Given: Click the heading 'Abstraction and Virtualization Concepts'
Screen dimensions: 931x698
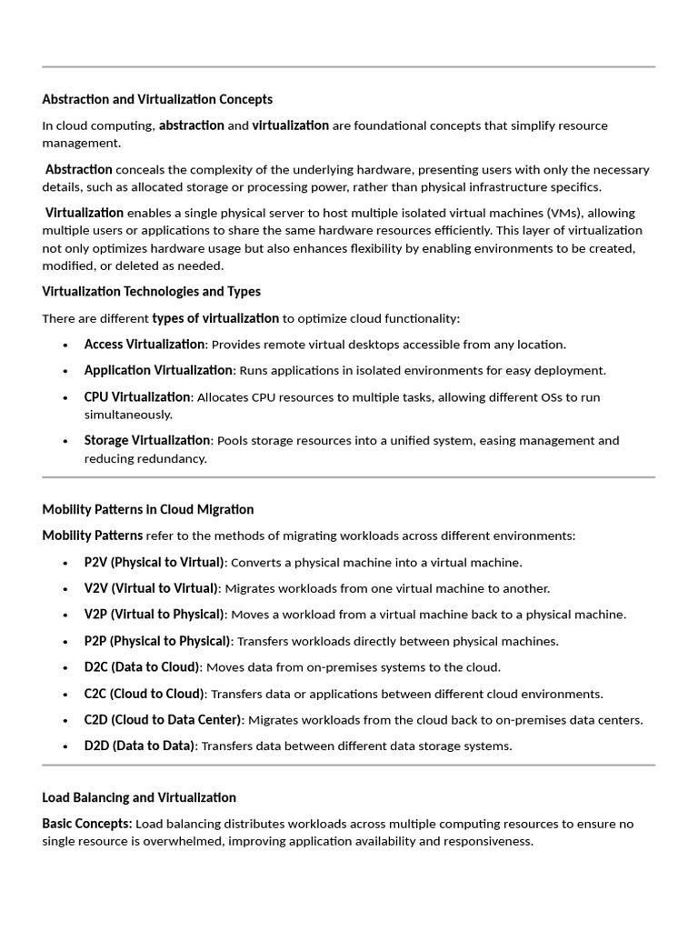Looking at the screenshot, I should (157, 99).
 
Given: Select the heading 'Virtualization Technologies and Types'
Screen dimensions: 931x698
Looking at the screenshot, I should (151, 292).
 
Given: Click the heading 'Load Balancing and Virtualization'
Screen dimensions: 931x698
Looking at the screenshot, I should (139, 797).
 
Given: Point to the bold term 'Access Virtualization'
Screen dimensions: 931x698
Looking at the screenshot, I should (144, 345).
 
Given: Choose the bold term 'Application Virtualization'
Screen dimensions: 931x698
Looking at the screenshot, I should (158, 370).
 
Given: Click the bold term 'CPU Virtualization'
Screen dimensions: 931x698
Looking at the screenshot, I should (137, 397).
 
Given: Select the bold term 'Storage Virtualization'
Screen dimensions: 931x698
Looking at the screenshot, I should (147, 441).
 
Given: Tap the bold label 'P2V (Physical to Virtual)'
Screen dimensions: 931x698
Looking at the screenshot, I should (154, 562).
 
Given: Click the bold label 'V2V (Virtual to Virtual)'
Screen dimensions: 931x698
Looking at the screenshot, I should (151, 588).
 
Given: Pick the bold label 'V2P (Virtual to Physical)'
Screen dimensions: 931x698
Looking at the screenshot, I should (154, 615).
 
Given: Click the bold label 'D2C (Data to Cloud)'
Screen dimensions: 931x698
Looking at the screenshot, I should (142, 667).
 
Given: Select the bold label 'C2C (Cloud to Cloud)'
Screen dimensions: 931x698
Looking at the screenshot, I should (145, 694).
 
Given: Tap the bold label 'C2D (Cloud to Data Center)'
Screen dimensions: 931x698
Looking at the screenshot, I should (163, 720).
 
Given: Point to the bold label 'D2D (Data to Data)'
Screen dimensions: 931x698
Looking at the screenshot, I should (139, 746).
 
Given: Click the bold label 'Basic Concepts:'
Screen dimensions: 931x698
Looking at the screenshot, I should (87, 824).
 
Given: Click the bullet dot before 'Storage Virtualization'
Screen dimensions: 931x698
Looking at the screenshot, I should (65, 441).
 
